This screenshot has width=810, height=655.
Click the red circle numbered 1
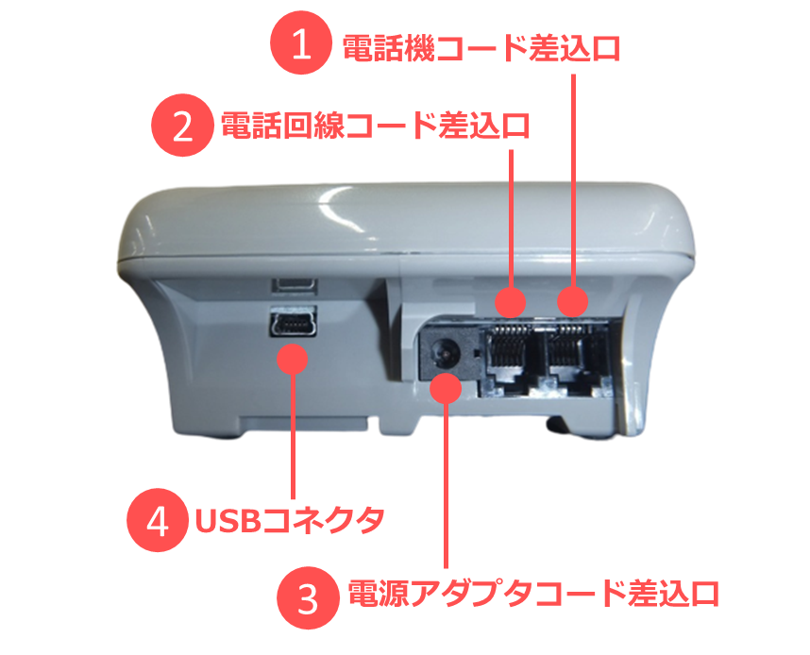pyautogui.click(x=301, y=42)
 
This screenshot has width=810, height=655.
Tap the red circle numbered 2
pyautogui.click(x=182, y=125)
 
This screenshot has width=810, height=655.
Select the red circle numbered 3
pyautogui.click(x=309, y=597)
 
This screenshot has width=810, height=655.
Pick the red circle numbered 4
pyautogui.click(x=158, y=520)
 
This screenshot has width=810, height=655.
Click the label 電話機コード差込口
pyautogui.click(x=481, y=48)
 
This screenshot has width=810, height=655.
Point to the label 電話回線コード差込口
pyautogui.click(x=376, y=126)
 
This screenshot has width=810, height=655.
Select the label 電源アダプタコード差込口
pyautogui.click(x=533, y=594)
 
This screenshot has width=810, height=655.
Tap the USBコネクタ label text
pyautogui.click(x=290, y=521)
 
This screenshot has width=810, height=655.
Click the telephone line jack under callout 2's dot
pyautogui.click(x=511, y=357)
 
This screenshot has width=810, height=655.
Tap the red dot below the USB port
pyautogui.click(x=293, y=359)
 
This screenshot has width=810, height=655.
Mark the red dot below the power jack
pyautogui.click(x=446, y=389)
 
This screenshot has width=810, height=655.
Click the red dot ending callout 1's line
pyautogui.click(x=572, y=301)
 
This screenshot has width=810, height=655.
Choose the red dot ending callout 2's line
pyautogui.click(x=511, y=302)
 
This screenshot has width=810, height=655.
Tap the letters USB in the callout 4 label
pyautogui.click(x=227, y=521)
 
